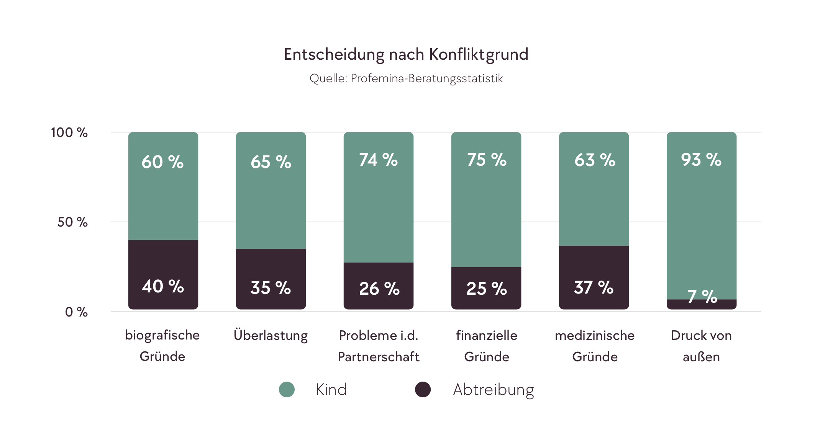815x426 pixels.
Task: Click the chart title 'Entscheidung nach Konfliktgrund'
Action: point(406,54)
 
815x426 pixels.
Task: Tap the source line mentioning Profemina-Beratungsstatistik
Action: point(406,78)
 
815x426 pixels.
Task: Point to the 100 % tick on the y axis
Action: point(69,132)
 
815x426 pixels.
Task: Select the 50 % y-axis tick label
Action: point(72,222)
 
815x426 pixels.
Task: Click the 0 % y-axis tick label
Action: point(76,312)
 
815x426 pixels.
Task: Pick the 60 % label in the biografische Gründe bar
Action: point(163,162)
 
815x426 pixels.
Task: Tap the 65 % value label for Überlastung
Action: point(271,162)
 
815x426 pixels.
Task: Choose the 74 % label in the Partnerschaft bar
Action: point(379,160)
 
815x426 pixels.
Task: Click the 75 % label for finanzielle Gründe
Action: point(487,160)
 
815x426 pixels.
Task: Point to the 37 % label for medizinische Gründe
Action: point(594,287)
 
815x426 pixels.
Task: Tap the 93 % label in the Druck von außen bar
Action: point(701,160)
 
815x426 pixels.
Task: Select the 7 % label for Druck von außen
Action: point(702,297)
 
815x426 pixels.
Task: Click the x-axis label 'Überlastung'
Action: point(271,335)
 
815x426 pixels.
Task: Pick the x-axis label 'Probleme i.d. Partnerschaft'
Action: point(379,346)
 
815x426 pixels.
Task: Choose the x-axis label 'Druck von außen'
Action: point(701,346)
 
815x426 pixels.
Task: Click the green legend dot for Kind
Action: point(287,390)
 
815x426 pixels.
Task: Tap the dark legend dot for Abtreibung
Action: point(423,390)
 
